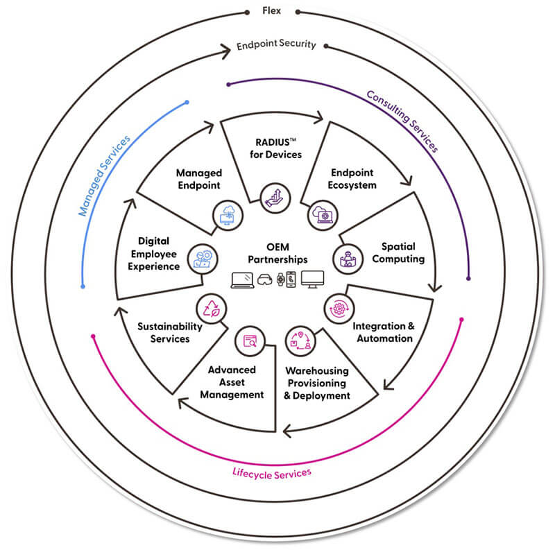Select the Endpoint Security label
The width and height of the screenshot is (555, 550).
276,44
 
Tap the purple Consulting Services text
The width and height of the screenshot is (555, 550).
402,121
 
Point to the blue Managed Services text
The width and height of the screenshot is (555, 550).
104,177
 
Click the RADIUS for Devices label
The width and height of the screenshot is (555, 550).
276,148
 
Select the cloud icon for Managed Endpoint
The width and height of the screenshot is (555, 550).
227,214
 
